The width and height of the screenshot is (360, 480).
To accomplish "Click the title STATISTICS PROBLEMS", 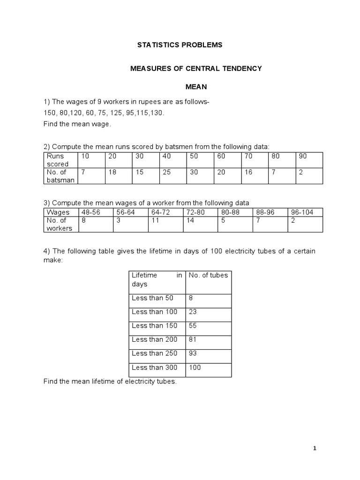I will pyautogui.click(x=180, y=45).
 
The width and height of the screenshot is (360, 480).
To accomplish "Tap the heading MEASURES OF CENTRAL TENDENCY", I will pyautogui.click(x=195, y=68).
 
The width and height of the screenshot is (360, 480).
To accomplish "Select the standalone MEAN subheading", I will pyautogui.click(x=195, y=87).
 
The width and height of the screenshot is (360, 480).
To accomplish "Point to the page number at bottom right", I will pyautogui.click(x=315, y=448).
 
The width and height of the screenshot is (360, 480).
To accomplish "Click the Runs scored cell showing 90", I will pyautogui.click(x=303, y=156).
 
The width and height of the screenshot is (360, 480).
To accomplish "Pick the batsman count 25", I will pyautogui.click(x=166, y=172).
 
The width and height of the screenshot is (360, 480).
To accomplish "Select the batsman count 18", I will pyautogui.click(x=112, y=172).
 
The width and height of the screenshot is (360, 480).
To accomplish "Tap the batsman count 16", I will pyautogui.click(x=248, y=172).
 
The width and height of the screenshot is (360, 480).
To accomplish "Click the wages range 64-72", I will pyautogui.click(x=159, y=212).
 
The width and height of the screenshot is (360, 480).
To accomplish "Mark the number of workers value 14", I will pyautogui.click(x=190, y=220).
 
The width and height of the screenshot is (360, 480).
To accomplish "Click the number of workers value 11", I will pyautogui.click(x=155, y=220).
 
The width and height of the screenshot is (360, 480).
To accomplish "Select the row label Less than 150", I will pyautogui.click(x=155, y=325).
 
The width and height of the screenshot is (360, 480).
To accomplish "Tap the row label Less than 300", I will pyautogui.click(x=155, y=367).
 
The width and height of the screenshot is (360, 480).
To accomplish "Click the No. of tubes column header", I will pyautogui.click(x=208, y=275).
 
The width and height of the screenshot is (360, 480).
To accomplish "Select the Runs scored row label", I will pyautogui.click(x=57, y=160).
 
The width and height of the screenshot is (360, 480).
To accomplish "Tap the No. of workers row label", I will pyautogui.click(x=59, y=224).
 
